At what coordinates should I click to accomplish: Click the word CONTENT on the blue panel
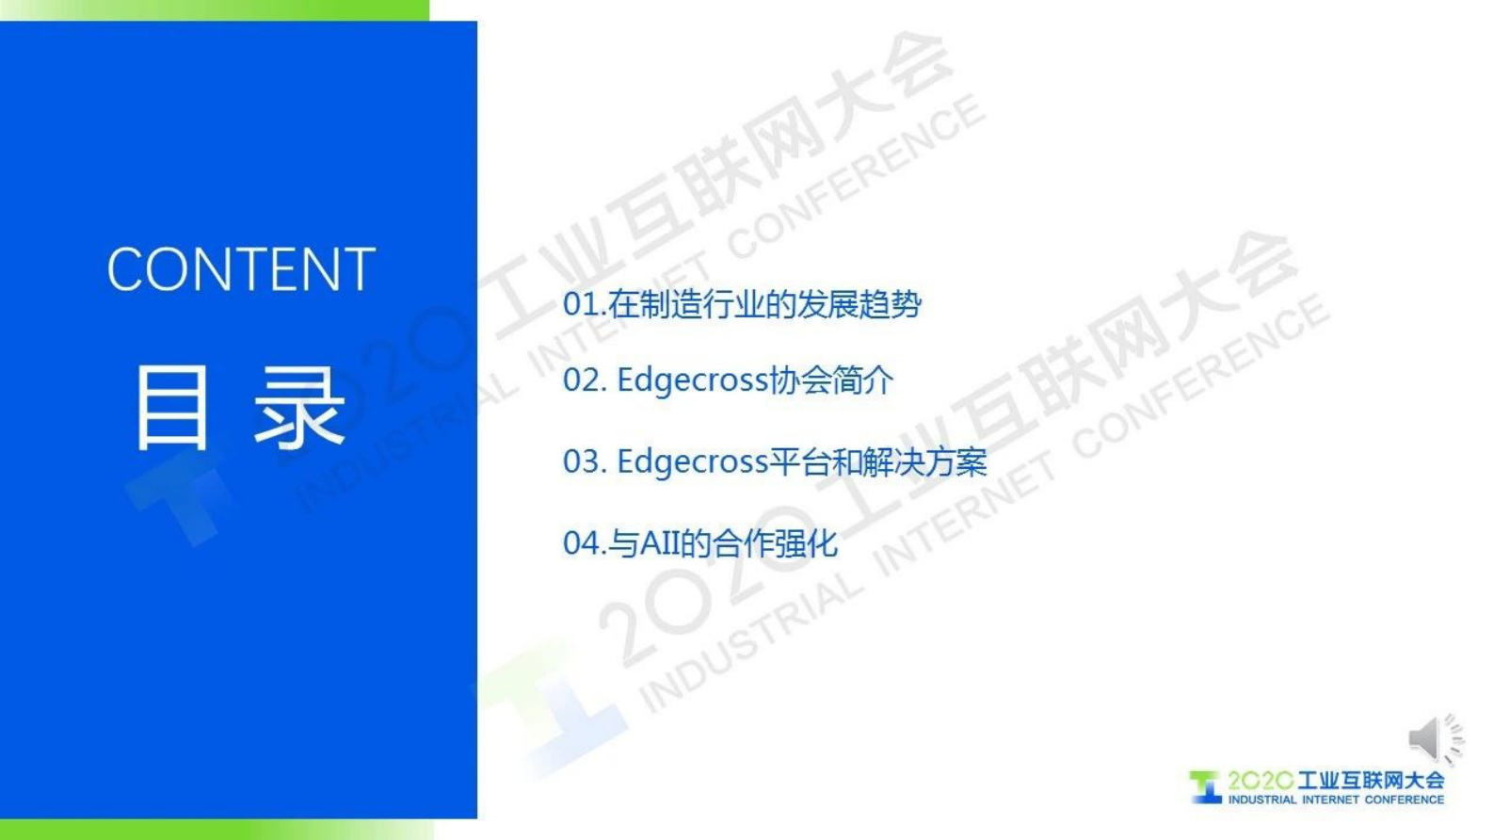241,269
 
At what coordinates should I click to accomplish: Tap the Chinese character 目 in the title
172,408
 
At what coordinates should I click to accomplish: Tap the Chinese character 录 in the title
300,408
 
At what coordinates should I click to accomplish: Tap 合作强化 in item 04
775,543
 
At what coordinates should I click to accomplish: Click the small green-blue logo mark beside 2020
1205,786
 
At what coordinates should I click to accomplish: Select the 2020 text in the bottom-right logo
1260,781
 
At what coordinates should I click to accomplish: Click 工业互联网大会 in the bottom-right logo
1371,780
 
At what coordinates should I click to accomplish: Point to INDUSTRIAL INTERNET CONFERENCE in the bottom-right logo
1335,800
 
